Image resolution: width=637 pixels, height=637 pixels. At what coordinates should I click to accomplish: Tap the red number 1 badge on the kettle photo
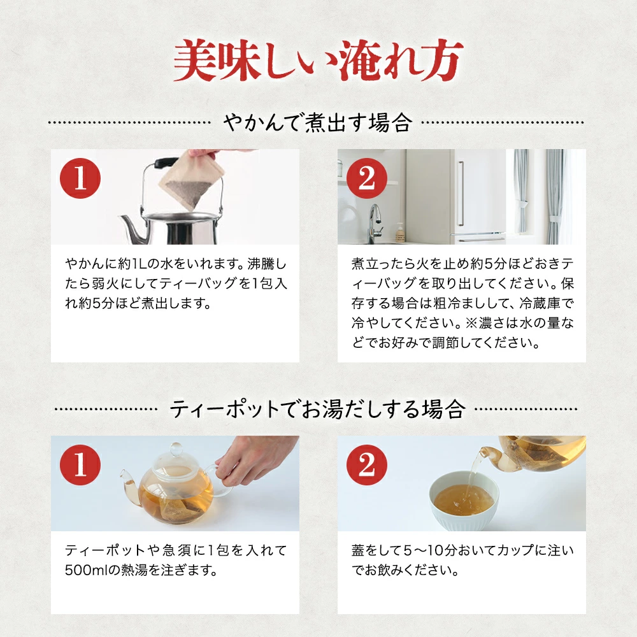point(79,180)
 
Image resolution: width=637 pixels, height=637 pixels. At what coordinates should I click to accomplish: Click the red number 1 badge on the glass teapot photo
point(79,466)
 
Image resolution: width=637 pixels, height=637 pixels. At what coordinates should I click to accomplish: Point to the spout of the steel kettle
point(131,227)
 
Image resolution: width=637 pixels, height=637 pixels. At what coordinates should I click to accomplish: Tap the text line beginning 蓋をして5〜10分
point(462,549)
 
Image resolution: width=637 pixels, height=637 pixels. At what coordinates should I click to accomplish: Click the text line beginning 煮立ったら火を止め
point(462,262)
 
